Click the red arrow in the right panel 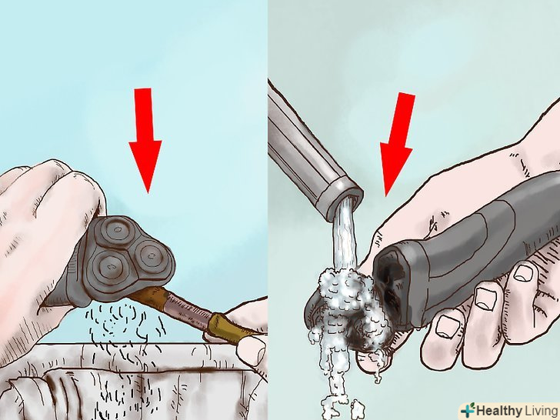point(397,143)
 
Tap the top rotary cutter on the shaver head point(115,229)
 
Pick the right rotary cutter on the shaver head point(151,255)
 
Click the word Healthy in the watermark point(498,411)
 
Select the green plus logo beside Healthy point(468,410)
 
